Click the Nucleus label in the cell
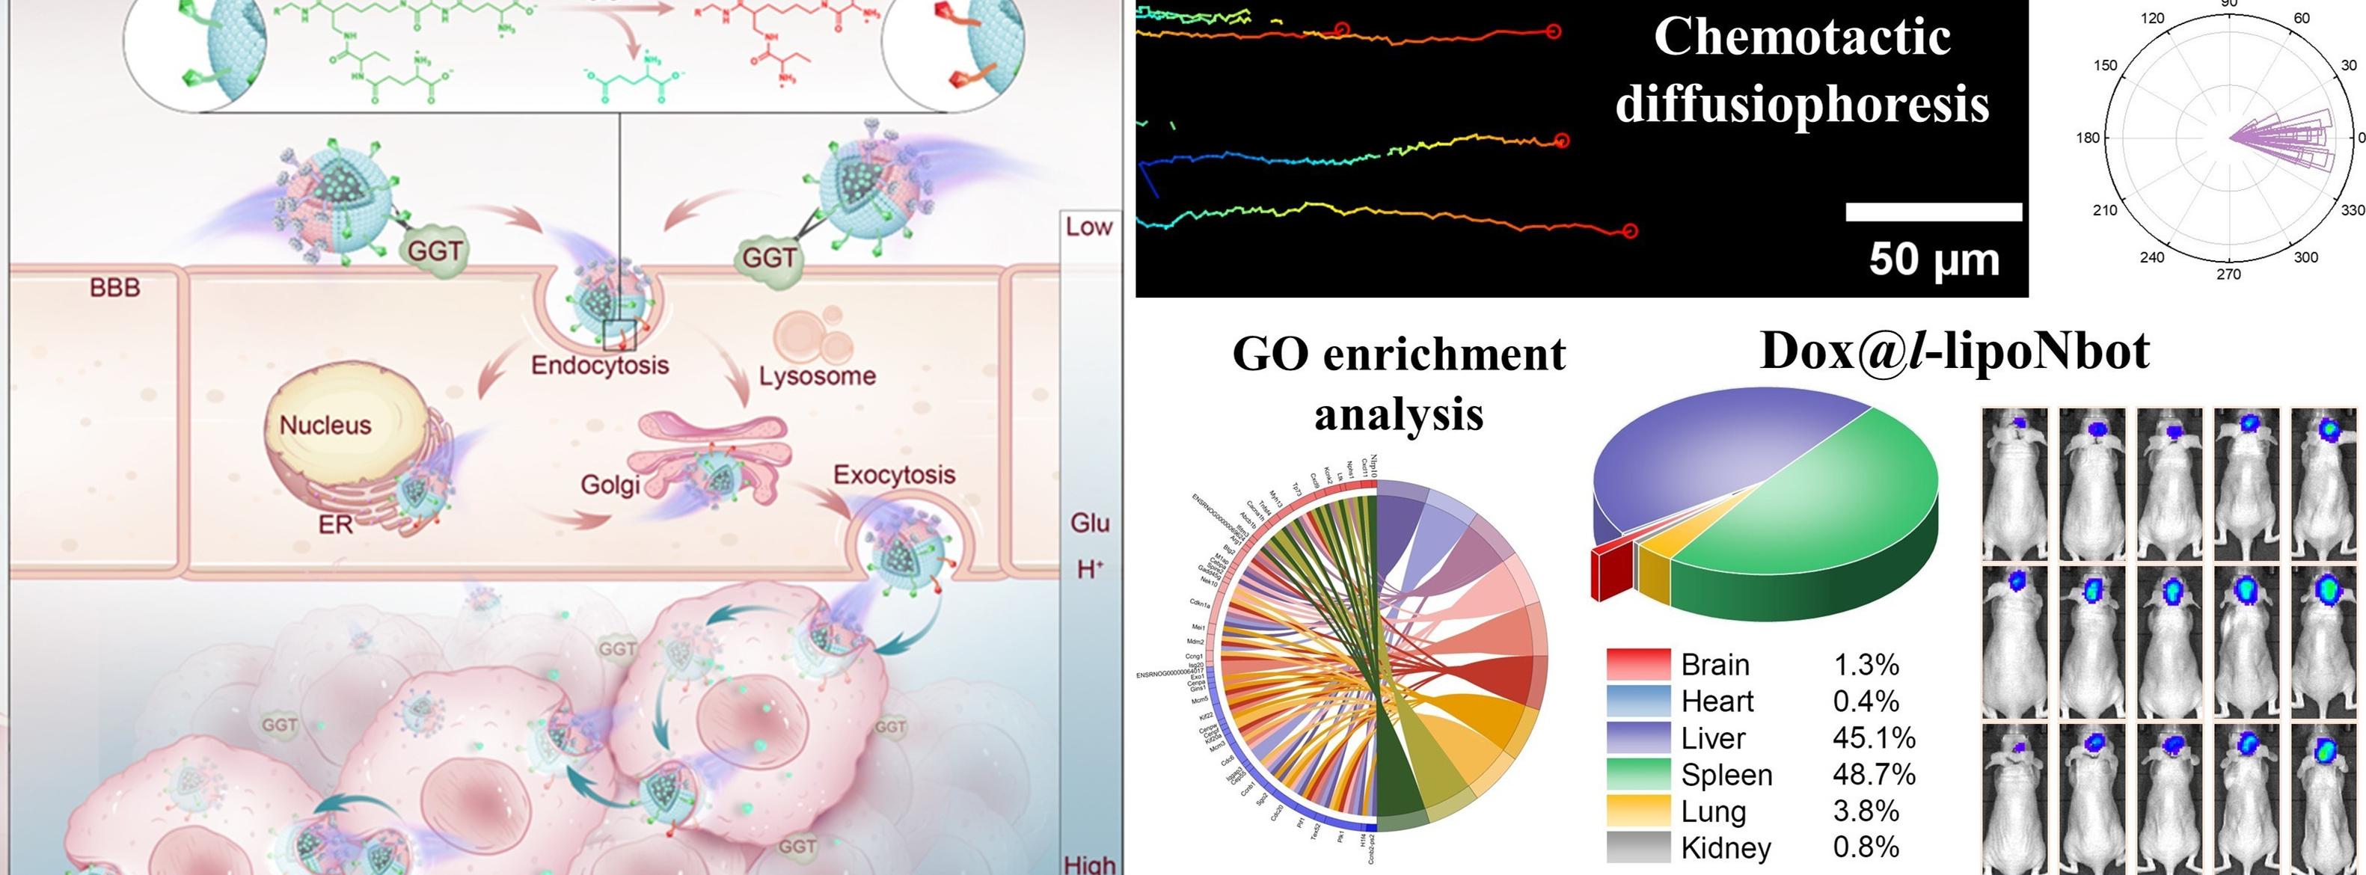coord(325,425)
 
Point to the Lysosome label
coord(817,375)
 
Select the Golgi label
coord(610,484)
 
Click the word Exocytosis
coord(894,475)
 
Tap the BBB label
coord(114,288)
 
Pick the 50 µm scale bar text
coord(1934,259)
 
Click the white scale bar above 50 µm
coord(1934,212)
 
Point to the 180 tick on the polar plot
coord(2087,138)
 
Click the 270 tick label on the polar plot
coord(2228,274)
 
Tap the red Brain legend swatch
coord(1637,664)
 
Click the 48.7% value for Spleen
coord(1874,774)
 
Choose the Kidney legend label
coord(1725,847)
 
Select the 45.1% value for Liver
coord(1874,737)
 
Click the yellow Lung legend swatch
coord(1637,811)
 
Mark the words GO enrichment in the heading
coord(1398,354)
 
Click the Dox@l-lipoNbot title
coord(1955,351)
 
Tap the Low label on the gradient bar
coord(1088,227)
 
